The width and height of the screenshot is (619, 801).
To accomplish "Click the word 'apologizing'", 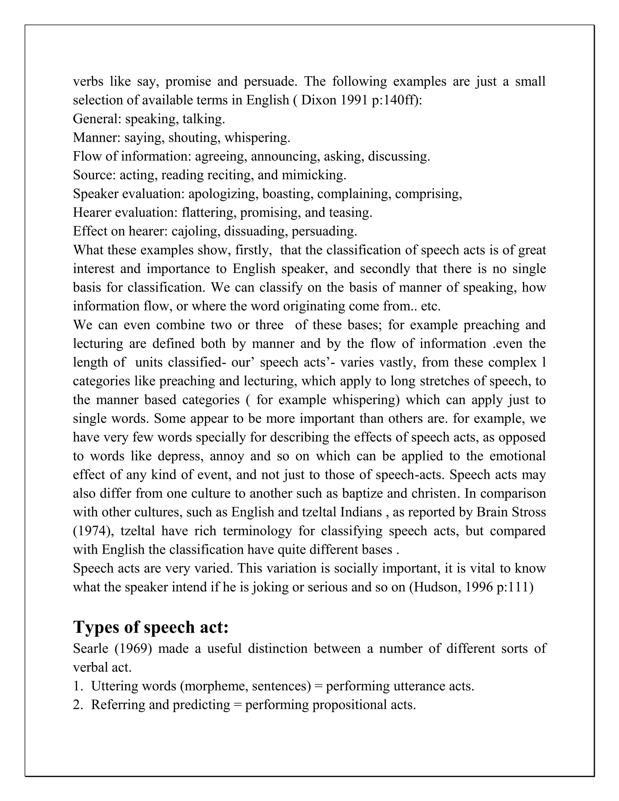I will tap(222, 194).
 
